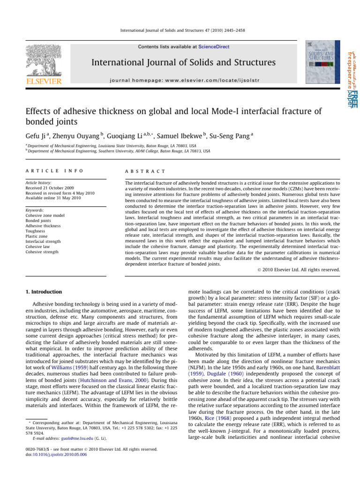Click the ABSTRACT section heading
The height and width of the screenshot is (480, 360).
click(x=142, y=171)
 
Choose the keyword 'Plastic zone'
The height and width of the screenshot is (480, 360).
click(x=37, y=236)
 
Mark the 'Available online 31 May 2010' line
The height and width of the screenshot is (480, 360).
click(x=53, y=199)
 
